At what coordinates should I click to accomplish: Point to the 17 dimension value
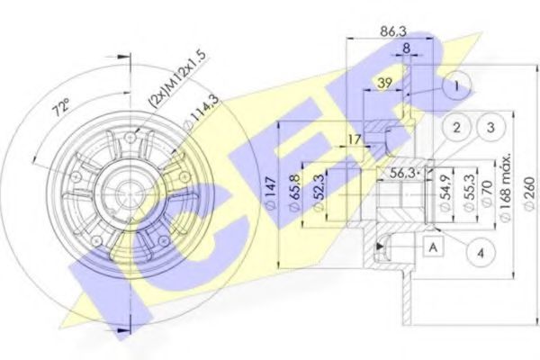click(355, 139)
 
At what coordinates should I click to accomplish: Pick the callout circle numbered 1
click(458, 87)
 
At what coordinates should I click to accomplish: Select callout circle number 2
click(458, 128)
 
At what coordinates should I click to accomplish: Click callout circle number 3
click(490, 128)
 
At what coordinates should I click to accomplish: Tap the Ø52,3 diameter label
click(318, 193)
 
